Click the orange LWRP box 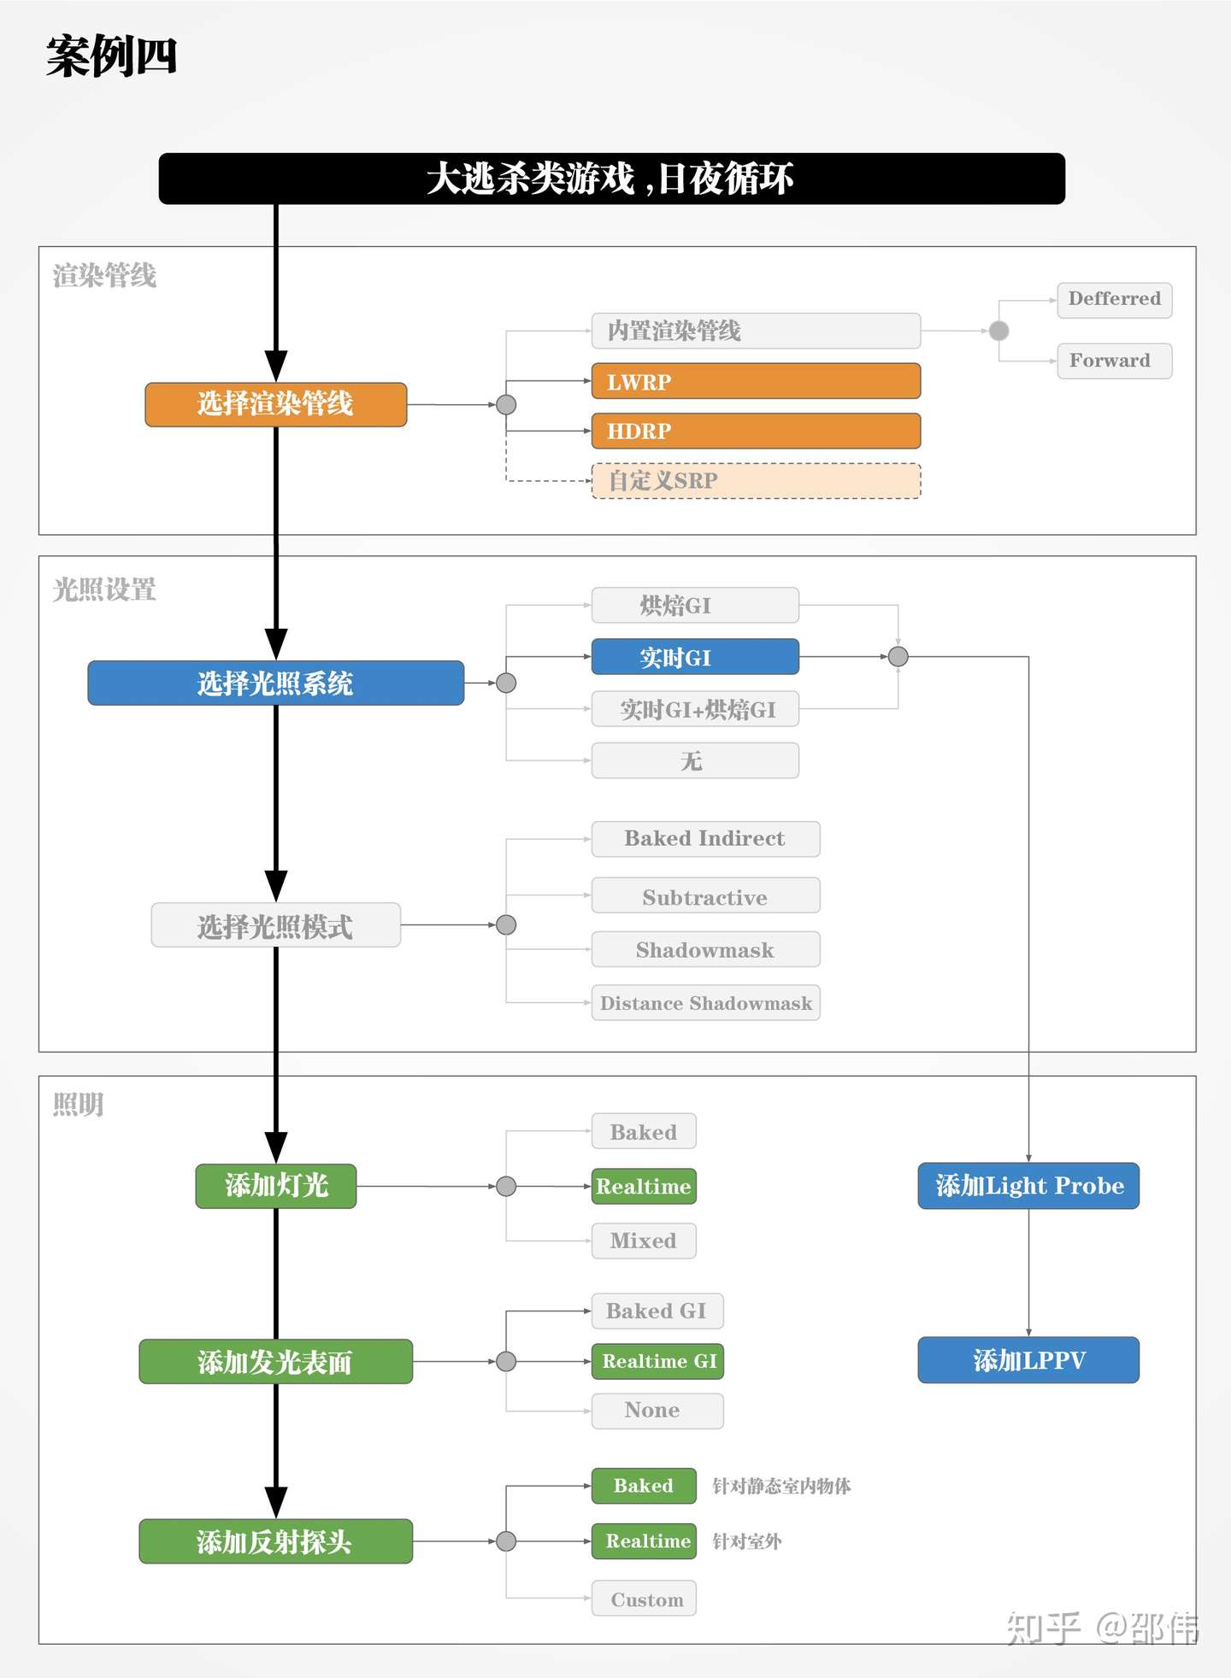pos(756,382)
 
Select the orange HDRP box pos(756,431)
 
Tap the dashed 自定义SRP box pos(756,481)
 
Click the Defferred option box pos(1114,300)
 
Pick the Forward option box pos(1114,361)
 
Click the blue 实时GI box pos(695,657)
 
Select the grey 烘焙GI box pos(695,606)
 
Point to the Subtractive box pos(705,896)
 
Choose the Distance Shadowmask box pos(705,1003)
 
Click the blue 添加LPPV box pos(1028,1360)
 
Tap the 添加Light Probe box pos(1028,1186)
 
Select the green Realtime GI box pos(657,1361)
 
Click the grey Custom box pos(644,1599)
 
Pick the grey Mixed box pos(644,1241)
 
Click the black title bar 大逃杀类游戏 pos(611,179)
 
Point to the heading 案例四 pos(111,57)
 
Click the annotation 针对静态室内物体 pos(781,1487)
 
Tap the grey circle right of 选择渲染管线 pos(506,405)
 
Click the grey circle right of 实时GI pos(898,657)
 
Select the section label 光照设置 pos(104,590)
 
